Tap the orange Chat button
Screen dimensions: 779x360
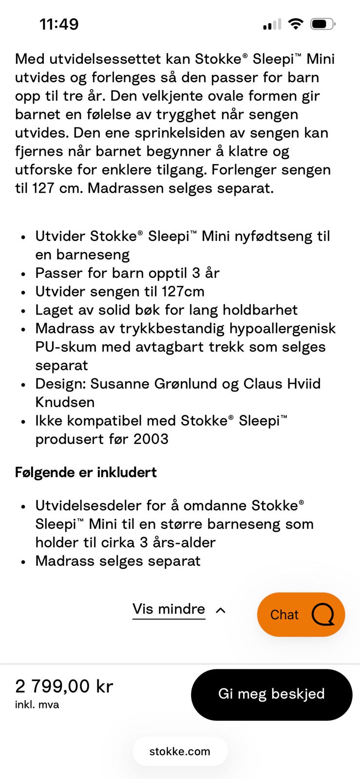(x=301, y=614)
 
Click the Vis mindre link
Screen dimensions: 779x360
(x=169, y=609)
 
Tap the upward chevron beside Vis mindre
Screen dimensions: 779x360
(x=221, y=610)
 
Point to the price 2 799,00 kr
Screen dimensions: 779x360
(x=64, y=686)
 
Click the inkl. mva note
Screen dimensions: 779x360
(x=37, y=705)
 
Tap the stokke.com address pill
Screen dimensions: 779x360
(x=180, y=751)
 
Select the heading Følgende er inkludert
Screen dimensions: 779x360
(x=86, y=472)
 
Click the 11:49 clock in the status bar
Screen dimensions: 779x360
(x=59, y=24)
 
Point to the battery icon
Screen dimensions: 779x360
(x=322, y=24)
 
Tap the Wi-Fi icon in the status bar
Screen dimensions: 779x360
(x=295, y=24)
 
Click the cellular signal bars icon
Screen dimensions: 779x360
(x=272, y=24)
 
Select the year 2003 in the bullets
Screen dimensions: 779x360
(x=151, y=439)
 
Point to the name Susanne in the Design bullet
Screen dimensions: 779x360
(x=120, y=384)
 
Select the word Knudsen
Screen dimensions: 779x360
(x=65, y=402)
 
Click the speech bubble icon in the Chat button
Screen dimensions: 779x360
(x=323, y=614)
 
